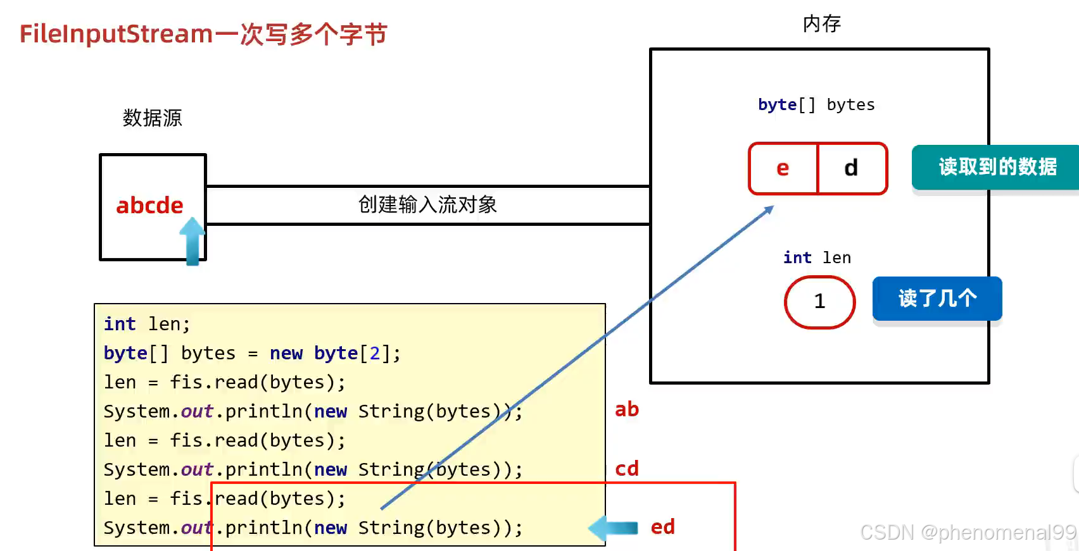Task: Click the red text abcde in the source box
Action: tap(149, 206)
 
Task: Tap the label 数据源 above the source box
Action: tap(152, 118)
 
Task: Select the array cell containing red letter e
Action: tap(783, 168)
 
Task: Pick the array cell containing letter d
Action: tap(852, 168)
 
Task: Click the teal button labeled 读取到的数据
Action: tap(997, 167)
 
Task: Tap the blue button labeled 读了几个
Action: tap(937, 298)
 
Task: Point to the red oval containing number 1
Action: tap(819, 302)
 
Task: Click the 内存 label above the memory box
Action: tap(821, 24)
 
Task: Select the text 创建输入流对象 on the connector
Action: tap(427, 204)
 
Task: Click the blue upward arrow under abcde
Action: tap(192, 241)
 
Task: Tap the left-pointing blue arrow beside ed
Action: tap(612, 528)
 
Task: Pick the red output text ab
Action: tap(627, 409)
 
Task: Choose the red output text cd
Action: tap(627, 469)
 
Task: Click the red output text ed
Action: tap(662, 527)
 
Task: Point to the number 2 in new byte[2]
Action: tap(375, 353)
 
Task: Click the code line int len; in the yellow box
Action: tap(147, 324)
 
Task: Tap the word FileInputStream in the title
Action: tap(116, 34)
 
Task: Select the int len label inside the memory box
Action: tap(817, 257)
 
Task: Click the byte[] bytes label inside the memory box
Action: tap(816, 104)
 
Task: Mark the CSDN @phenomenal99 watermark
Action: tap(968, 533)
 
